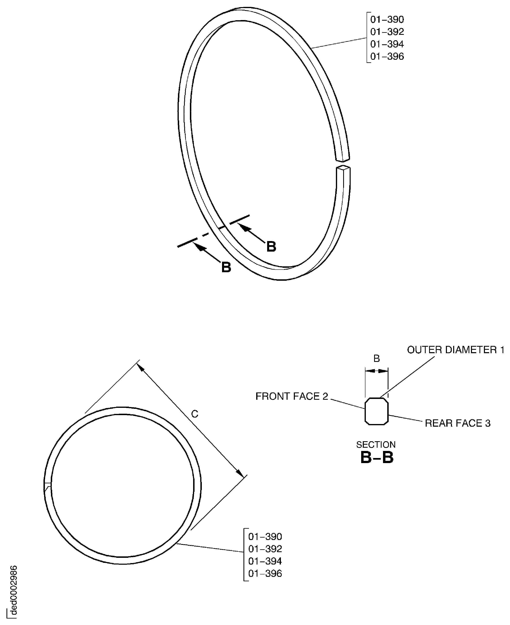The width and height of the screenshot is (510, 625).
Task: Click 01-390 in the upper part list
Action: coord(387,20)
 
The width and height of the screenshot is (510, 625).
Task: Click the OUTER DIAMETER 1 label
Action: coord(456,350)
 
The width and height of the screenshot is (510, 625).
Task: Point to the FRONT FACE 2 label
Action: coord(291,396)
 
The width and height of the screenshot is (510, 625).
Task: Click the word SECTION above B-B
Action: coord(376,444)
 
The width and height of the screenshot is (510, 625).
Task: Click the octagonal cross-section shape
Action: coord(376,411)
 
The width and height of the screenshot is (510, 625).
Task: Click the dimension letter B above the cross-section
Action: coord(376,358)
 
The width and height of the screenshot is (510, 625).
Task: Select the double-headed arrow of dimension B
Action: coord(376,371)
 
